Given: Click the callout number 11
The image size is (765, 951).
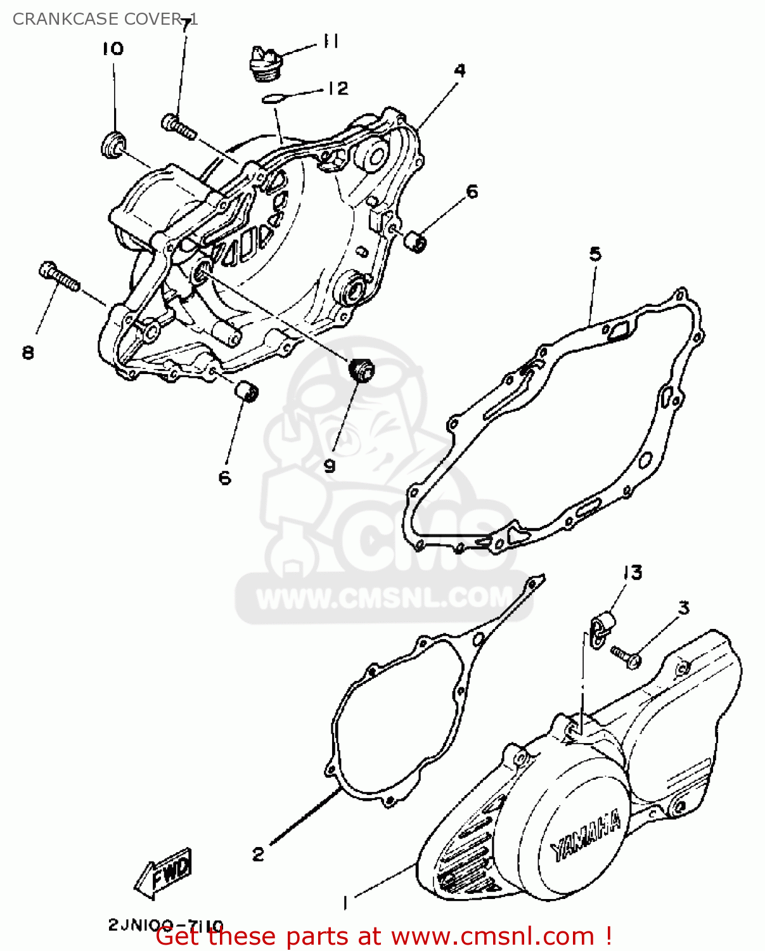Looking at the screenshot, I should pyautogui.click(x=331, y=42).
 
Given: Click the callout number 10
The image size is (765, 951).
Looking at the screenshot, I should pyautogui.click(x=113, y=49).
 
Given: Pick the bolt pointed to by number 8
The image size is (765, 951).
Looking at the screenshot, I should pyautogui.click(x=59, y=278).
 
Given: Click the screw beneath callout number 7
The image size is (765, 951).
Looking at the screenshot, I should pyautogui.click(x=179, y=126).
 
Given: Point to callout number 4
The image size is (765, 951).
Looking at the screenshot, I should pyautogui.click(x=460, y=70).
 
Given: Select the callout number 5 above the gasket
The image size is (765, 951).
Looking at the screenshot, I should pyautogui.click(x=595, y=254).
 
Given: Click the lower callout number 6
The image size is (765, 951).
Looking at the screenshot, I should pyautogui.click(x=225, y=477).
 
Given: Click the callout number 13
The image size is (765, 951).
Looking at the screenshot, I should pyautogui.click(x=633, y=573).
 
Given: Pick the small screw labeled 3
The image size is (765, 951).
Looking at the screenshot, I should pyautogui.click(x=626, y=656).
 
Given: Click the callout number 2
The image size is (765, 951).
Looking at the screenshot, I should pyautogui.click(x=258, y=854).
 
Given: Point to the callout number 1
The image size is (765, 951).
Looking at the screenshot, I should pyautogui.click(x=345, y=902).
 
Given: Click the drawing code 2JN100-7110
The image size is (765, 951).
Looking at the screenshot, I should pyautogui.click(x=165, y=925).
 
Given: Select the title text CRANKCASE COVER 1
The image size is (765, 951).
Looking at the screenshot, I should pyautogui.click(x=105, y=19).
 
